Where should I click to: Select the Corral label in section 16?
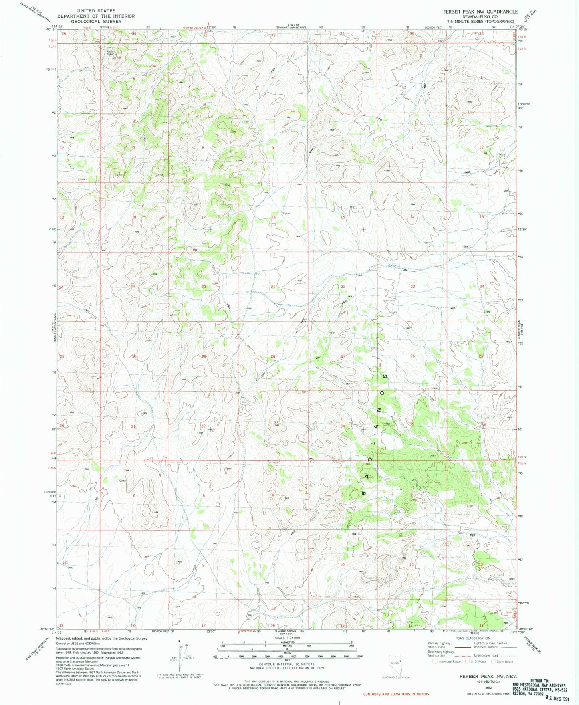286,213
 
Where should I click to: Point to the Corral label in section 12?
502,154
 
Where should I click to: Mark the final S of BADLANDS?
385,377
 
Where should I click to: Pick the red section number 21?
273,287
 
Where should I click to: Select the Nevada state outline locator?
395,664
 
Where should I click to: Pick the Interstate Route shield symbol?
435,661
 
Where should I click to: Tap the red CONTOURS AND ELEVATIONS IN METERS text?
396,694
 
